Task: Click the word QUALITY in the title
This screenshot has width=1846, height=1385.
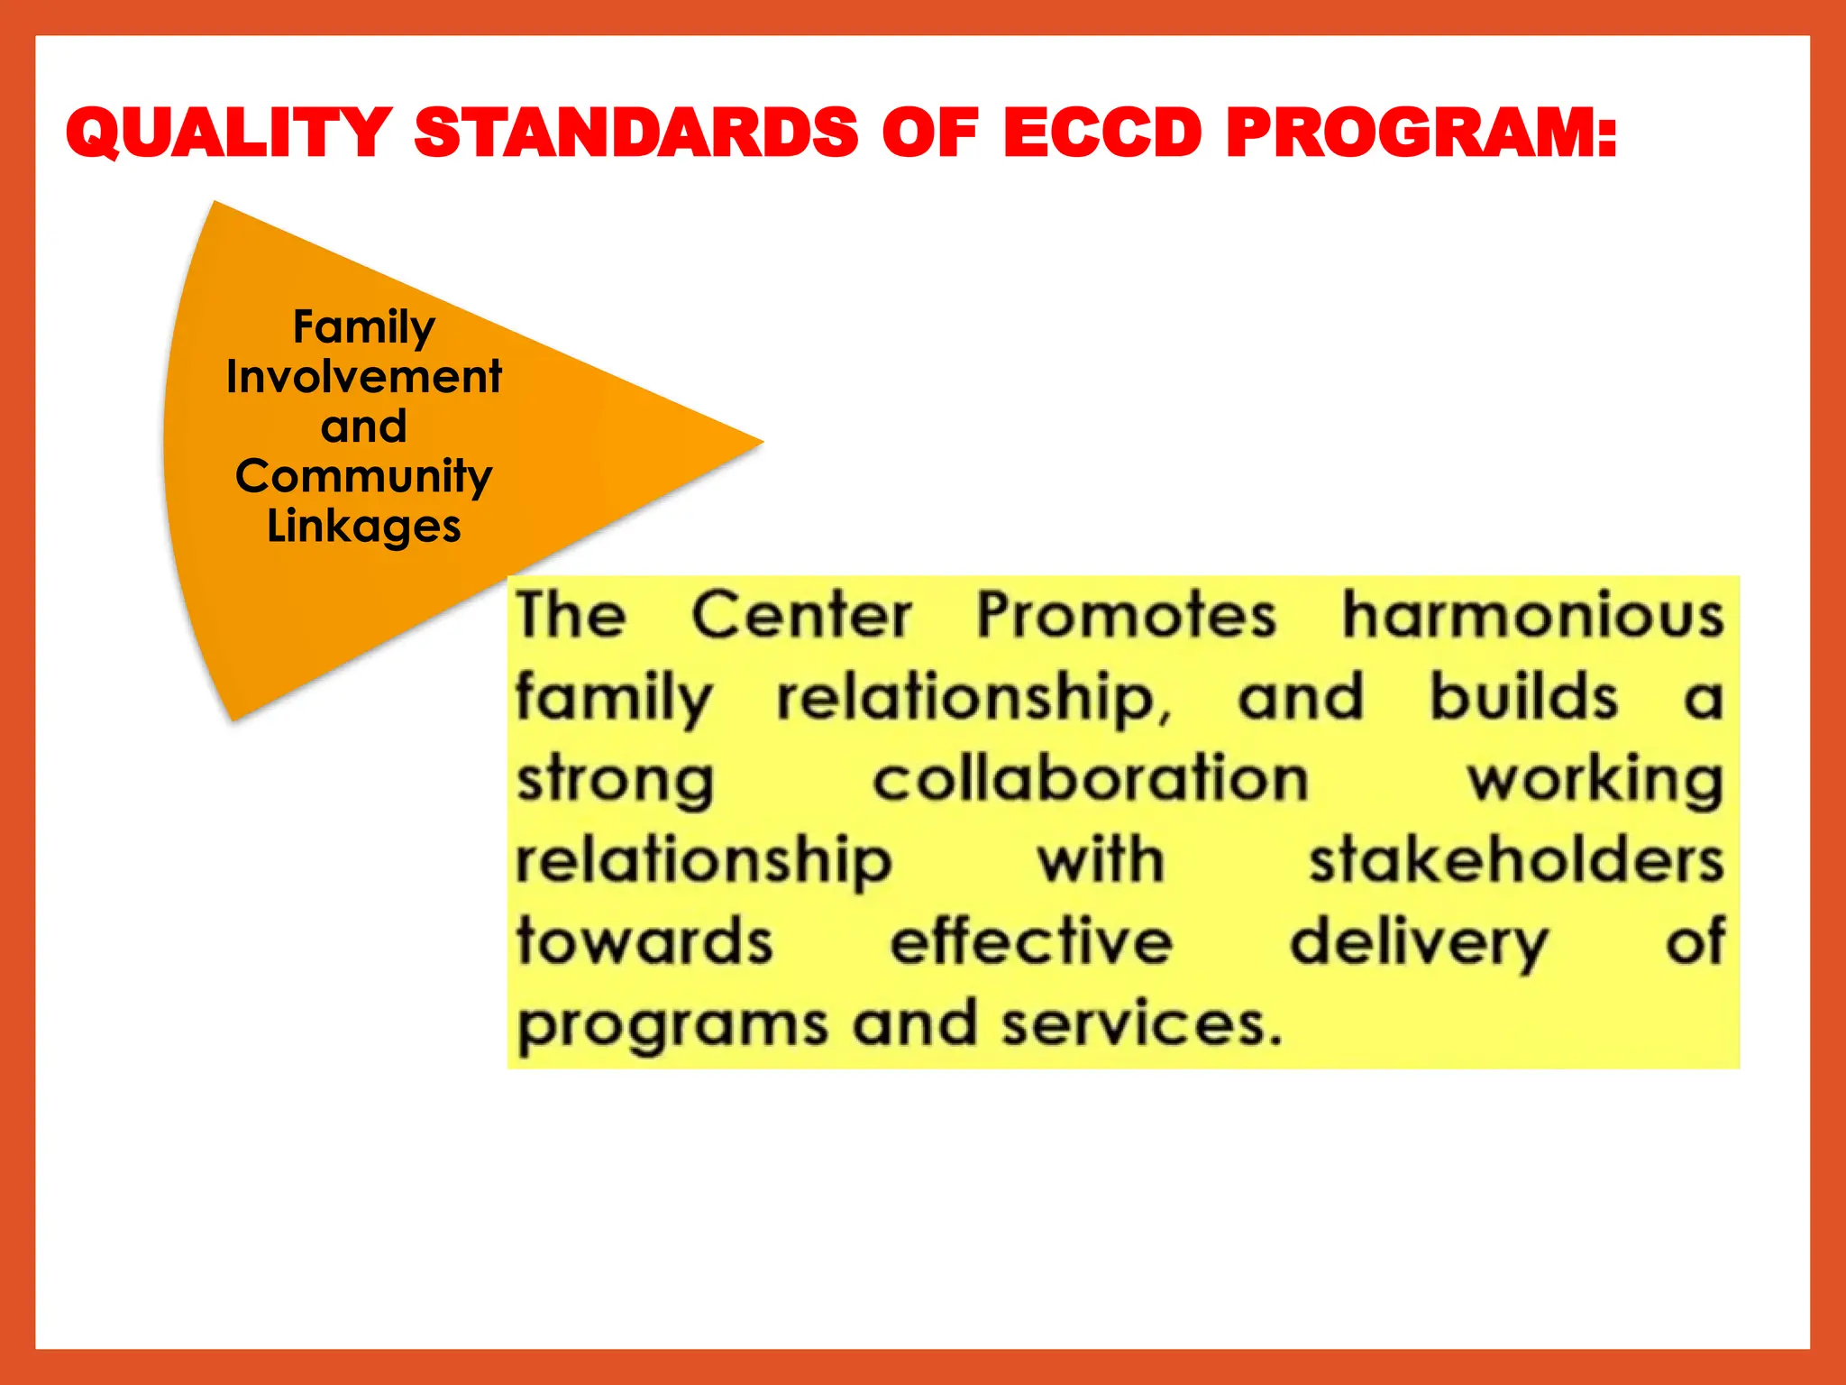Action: point(229,133)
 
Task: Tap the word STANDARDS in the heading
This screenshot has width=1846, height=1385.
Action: point(636,133)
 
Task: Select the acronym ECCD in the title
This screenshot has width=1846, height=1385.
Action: point(1101,133)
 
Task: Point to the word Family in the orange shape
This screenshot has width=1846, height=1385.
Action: point(364,326)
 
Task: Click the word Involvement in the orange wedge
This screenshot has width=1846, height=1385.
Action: point(364,377)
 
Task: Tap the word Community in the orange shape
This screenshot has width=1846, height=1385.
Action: point(364,476)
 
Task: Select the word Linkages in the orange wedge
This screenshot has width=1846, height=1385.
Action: point(364,526)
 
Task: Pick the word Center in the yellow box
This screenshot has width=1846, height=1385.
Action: point(801,616)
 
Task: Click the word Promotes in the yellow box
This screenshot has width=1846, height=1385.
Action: point(1127,616)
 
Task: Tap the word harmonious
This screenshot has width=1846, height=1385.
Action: point(1533,616)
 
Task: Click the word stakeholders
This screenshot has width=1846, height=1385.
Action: point(1517,860)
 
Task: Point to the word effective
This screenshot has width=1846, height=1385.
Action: point(1031,941)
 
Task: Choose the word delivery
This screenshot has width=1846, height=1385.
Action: point(1419,943)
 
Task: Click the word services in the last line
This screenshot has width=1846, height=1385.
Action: point(1140,1024)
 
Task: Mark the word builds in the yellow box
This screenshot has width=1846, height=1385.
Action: point(1524,697)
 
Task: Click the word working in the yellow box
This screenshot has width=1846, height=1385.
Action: point(1595,781)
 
